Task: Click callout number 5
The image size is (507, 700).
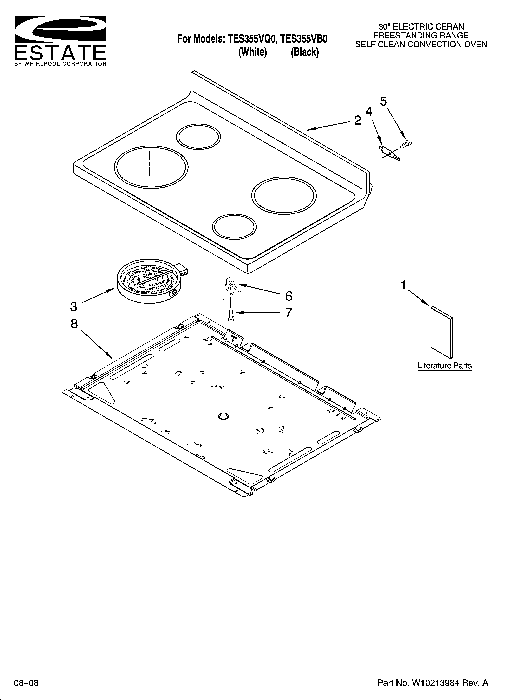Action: pos(383,101)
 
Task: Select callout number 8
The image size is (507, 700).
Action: pos(74,324)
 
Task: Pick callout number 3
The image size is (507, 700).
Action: pos(73,306)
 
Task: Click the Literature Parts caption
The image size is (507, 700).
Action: pos(445,366)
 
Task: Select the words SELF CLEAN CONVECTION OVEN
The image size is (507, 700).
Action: pos(421,45)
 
